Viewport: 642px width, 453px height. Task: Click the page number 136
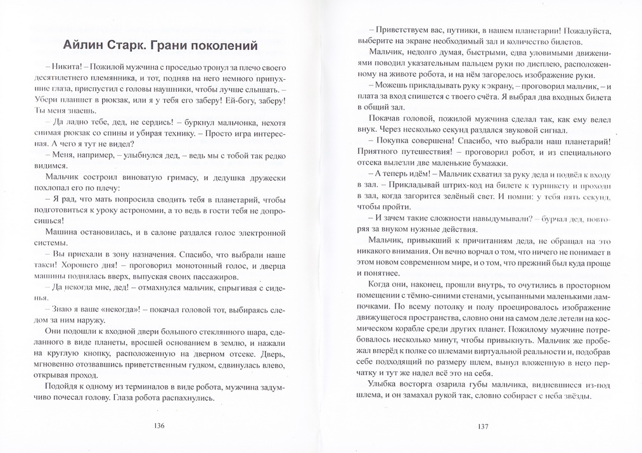click(x=160, y=426)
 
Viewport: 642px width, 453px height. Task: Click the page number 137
click(x=483, y=426)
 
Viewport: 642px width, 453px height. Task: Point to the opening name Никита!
click(x=65, y=68)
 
